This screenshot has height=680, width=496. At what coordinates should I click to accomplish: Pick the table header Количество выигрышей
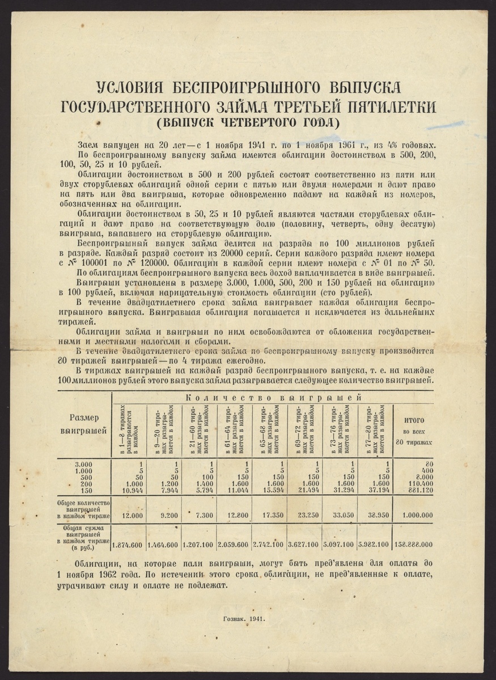click(273, 398)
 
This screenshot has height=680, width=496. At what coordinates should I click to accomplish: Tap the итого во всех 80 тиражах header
click(414, 430)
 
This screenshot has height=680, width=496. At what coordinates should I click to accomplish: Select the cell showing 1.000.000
click(414, 515)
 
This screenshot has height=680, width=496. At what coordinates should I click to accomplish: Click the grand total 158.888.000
click(414, 545)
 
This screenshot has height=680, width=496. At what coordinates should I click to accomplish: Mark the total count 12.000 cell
click(129, 515)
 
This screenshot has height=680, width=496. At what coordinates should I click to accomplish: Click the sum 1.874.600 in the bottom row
click(129, 545)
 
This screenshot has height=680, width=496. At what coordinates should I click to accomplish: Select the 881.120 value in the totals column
click(416, 490)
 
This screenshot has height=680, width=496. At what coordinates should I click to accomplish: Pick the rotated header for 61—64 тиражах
click(235, 429)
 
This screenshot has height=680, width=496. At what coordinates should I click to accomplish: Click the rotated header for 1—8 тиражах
click(129, 429)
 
